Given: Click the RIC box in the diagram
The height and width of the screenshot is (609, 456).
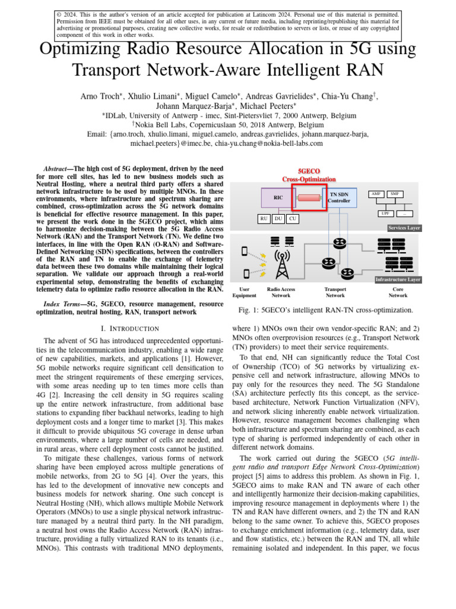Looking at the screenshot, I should [x=278, y=197].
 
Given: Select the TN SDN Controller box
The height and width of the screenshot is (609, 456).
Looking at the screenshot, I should [x=339, y=197].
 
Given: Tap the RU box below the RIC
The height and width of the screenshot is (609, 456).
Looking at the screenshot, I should [x=264, y=219].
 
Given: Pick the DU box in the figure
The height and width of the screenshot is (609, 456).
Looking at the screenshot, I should [x=278, y=219].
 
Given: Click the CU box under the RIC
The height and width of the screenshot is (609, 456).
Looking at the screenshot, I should [x=292, y=219].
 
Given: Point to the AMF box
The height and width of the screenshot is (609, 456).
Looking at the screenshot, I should [x=376, y=194].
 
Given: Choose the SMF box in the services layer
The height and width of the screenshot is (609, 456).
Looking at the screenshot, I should [x=394, y=194].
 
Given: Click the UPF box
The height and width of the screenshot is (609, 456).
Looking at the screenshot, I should [x=385, y=213].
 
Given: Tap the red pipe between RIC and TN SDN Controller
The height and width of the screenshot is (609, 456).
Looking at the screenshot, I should [x=309, y=197].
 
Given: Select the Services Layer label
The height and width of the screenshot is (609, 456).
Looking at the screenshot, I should [x=404, y=228].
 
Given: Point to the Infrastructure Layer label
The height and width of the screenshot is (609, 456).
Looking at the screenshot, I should [x=398, y=279].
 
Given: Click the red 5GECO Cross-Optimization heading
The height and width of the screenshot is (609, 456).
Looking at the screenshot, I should [x=309, y=175].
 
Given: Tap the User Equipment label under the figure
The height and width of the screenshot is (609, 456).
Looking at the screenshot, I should [x=244, y=292].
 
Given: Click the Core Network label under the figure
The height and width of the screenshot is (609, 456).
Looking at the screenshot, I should [x=398, y=292].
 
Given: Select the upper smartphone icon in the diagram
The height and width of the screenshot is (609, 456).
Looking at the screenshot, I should [x=245, y=252].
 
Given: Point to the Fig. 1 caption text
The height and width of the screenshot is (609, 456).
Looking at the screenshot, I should [x=325, y=310].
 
